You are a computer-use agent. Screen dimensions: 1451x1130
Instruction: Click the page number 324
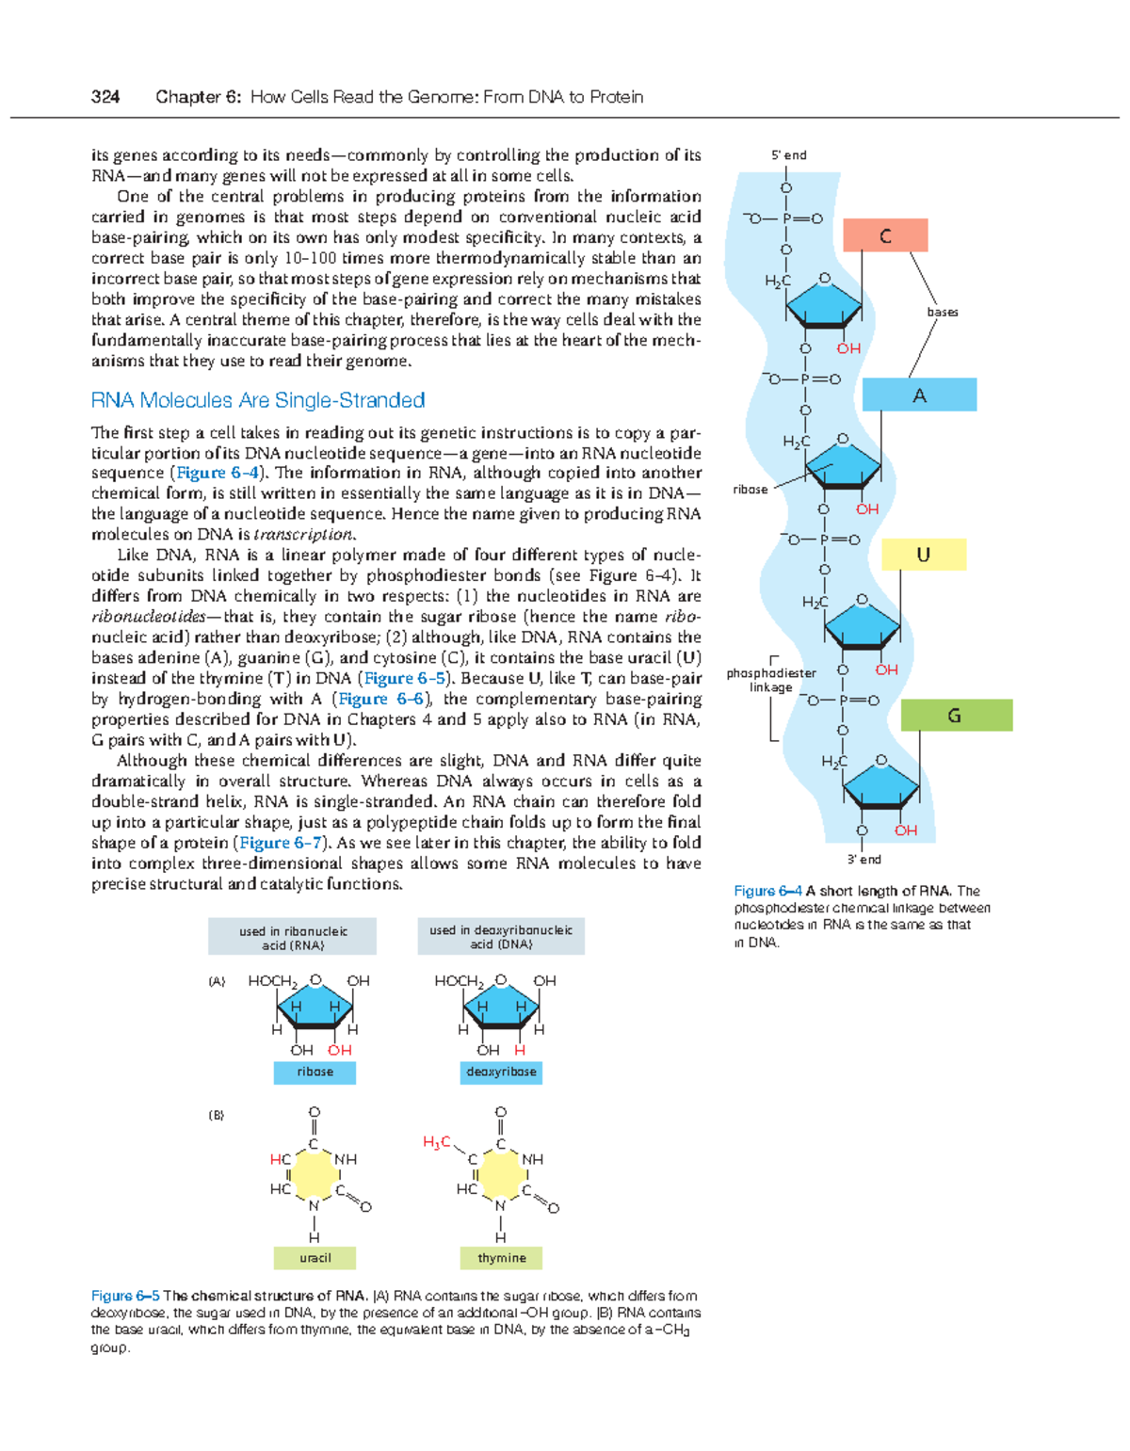click(105, 97)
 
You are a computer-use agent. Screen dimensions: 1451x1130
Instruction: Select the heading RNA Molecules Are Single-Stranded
click(257, 400)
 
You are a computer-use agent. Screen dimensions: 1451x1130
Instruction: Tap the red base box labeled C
click(885, 235)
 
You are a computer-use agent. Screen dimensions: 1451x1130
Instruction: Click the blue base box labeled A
click(919, 395)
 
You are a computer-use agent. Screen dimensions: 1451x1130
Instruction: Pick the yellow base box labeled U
click(923, 555)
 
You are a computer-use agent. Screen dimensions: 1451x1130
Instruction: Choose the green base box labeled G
click(955, 716)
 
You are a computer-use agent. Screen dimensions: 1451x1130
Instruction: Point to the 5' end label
click(789, 155)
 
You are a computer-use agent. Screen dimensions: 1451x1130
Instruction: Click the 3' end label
click(864, 859)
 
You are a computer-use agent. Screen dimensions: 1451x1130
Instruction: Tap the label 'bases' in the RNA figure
click(942, 312)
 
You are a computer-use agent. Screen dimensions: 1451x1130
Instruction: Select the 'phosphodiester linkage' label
click(770, 680)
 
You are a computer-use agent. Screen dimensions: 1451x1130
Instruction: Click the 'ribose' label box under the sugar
click(315, 1072)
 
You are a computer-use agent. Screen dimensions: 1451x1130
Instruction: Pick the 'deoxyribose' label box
click(501, 1072)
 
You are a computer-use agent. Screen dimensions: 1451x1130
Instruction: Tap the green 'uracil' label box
click(315, 1258)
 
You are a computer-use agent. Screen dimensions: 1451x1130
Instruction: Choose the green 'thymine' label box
click(501, 1258)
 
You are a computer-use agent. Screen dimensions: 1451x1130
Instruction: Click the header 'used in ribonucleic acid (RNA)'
click(292, 937)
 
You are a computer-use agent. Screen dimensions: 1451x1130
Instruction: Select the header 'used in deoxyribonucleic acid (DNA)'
click(501, 937)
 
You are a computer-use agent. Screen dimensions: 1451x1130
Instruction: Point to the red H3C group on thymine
click(436, 1142)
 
